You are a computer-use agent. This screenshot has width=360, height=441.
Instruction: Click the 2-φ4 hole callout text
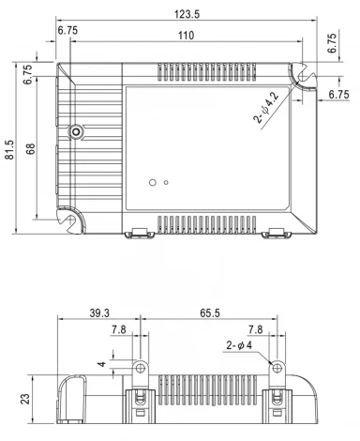point(245,345)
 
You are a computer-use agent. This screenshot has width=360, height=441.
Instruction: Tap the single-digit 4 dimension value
point(102,364)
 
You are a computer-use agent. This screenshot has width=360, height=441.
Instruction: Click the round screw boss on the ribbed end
point(76,133)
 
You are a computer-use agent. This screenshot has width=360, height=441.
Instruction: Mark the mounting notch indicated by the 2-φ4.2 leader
point(302,74)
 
